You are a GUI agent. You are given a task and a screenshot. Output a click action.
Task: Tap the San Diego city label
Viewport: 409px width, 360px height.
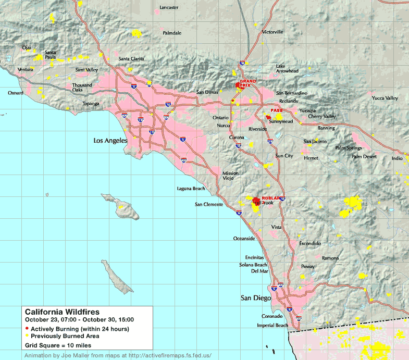pyautogui.click(x=255, y=298)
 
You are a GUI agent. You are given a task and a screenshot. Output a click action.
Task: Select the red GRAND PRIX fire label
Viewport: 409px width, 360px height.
pyautogui.click(x=247, y=83)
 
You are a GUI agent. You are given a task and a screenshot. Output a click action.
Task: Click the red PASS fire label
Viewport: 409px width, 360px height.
pyautogui.click(x=276, y=111)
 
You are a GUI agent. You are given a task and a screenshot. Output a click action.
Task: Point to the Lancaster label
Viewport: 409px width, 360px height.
pyautogui.click(x=169, y=7)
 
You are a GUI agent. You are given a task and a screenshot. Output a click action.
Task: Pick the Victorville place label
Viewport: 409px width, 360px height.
pyautogui.click(x=272, y=32)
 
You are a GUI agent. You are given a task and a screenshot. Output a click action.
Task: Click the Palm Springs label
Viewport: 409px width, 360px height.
pyautogui.click(x=348, y=148)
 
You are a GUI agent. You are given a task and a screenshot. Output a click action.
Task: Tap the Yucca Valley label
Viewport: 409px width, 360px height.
pyautogui.click(x=385, y=98)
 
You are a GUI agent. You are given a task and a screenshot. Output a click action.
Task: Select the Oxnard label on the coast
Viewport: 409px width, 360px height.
pyautogui.click(x=16, y=93)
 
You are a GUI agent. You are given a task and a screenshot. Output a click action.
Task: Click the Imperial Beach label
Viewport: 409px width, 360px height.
pyautogui.click(x=272, y=326)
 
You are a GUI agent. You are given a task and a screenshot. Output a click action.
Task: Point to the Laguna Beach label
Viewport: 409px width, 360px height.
pyautogui.click(x=191, y=189)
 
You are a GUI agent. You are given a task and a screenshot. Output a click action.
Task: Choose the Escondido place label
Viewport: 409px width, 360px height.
pyautogui.click(x=310, y=243)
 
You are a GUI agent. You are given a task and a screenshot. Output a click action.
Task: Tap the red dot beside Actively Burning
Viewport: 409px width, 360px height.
pyautogui.click(x=27, y=329)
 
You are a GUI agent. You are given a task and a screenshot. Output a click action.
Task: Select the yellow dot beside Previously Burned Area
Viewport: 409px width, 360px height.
pyautogui.click(x=27, y=336)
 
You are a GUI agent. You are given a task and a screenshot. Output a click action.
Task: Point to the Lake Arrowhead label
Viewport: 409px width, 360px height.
pyautogui.click(x=287, y=68)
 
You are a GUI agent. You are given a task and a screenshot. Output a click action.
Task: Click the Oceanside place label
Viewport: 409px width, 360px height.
pyautogui.click(x=244, y=238)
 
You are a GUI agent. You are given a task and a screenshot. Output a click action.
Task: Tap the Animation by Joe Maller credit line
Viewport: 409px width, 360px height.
pyautogui.click(x=118, y=355)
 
